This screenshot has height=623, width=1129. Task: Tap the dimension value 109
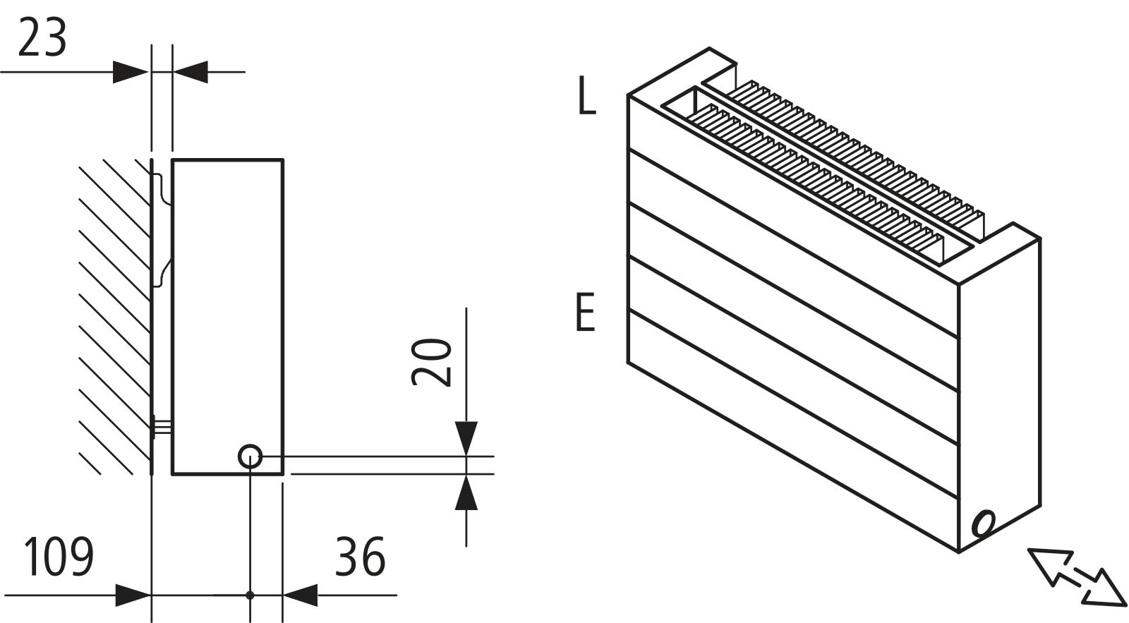coord(59,557)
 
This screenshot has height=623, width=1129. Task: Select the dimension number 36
coord(360,557)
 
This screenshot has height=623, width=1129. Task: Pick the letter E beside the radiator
coord(586,313)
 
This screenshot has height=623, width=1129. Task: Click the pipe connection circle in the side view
coord(250,456)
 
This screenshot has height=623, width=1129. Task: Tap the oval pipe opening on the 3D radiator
coord(984,524)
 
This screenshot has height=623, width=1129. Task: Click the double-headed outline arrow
coord(1077,576)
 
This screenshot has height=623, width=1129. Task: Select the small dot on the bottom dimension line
coord(250,595)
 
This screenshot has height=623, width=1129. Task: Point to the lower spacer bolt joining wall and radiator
coord(162,426)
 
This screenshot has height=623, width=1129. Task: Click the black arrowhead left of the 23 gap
coord(131,71)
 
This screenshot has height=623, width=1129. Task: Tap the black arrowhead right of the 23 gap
coord(191,71)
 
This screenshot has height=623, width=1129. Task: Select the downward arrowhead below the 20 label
coord(466,437)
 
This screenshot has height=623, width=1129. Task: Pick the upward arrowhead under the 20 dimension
coord(466,492)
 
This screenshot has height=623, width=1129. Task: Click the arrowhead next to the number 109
coord(133,595)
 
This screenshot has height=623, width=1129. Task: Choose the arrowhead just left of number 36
coord(301,595)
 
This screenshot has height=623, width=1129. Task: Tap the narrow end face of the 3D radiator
coord(999,395)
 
